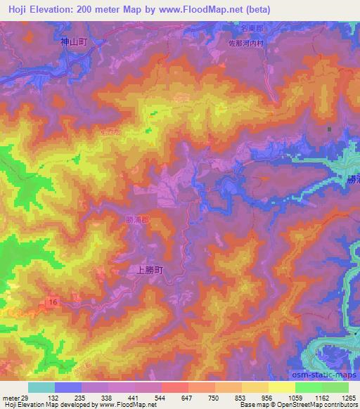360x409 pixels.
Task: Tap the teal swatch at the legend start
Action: pyautogui.click(x=41, y=387)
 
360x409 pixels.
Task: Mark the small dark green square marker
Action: pyautogui.click(x=328, y=129)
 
